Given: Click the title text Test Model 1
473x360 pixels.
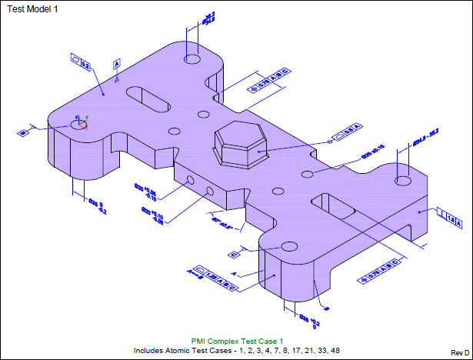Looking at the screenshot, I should [x=32, y=8].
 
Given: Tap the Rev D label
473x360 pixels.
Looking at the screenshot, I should [x=460, y=352].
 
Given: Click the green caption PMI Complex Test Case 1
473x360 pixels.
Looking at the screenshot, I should [x=238, y=341].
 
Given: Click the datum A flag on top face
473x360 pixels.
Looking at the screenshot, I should [x=117, y=63].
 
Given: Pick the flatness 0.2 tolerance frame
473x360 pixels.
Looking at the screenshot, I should [x=80, y=62].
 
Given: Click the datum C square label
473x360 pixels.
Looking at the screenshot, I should [x=233, y=253].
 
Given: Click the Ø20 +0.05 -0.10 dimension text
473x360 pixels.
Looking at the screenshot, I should [x=145, y=192].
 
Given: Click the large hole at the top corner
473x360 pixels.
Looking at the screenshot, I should [x=192, y=58].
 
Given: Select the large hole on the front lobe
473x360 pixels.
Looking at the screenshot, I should [x=289, y=246].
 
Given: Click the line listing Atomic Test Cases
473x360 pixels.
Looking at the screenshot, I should [x=237, y=351].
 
